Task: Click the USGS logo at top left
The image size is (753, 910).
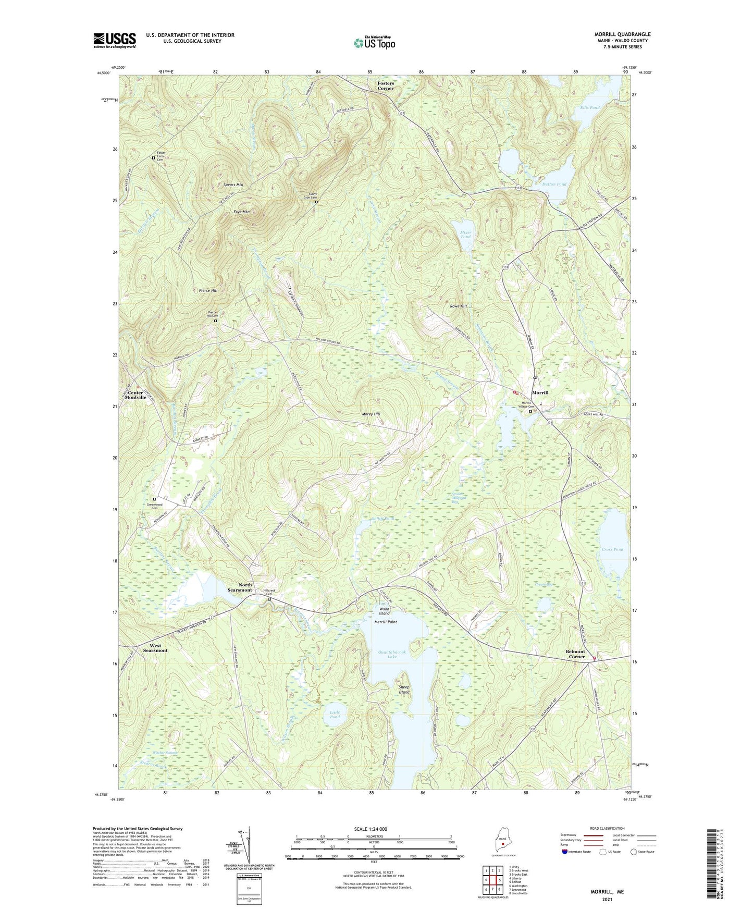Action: [115, 40]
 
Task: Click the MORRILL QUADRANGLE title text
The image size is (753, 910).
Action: [622, 34]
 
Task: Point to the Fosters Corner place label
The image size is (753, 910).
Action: [386, 85]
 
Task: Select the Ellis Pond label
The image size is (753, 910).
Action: [590, 108]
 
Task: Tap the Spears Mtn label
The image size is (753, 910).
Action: [233, 185]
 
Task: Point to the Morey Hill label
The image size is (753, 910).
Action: [371, 414]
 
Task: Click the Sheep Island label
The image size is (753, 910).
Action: [404, 690]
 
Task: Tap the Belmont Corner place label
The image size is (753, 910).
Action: [575, 654]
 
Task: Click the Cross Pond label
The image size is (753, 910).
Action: [612, 549]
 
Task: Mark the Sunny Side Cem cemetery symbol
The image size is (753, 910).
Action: [316, 203]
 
